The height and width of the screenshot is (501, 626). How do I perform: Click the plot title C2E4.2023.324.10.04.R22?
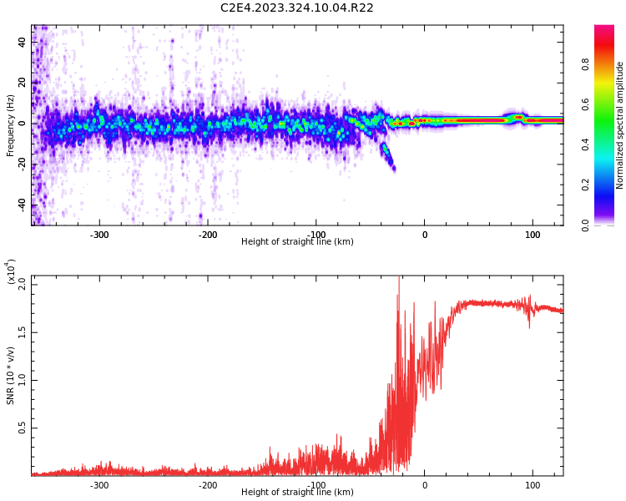pos(297,8)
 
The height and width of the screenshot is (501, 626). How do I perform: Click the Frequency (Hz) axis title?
pos(11,125)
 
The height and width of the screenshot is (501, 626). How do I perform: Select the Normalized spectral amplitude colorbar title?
pos(620,125)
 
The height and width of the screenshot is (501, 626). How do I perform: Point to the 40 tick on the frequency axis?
pos(23,42)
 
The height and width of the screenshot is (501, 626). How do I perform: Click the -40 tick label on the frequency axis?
pos(23,205)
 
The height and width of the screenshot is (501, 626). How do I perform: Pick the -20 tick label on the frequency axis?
pos(23,164)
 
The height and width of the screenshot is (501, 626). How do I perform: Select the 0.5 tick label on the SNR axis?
pos(23,428)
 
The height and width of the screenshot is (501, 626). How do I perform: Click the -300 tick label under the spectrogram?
pos(99,235)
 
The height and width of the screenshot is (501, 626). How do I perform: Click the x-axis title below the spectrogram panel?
pos(297,242)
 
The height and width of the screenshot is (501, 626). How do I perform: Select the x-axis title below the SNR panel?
pos(297,493)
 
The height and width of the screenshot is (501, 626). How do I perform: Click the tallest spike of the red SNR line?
pos(399,279)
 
